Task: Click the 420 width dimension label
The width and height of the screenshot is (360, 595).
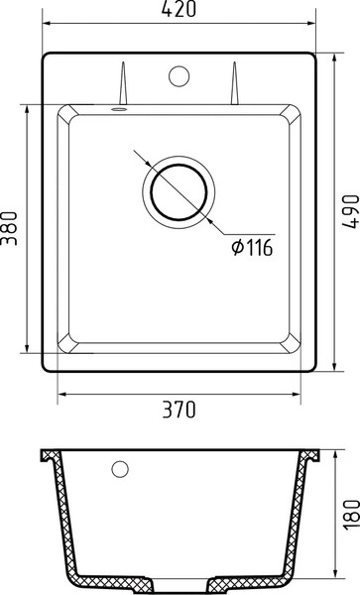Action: [x=180, y=11]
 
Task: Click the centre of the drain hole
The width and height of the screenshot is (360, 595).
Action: [x=180, y=187]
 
